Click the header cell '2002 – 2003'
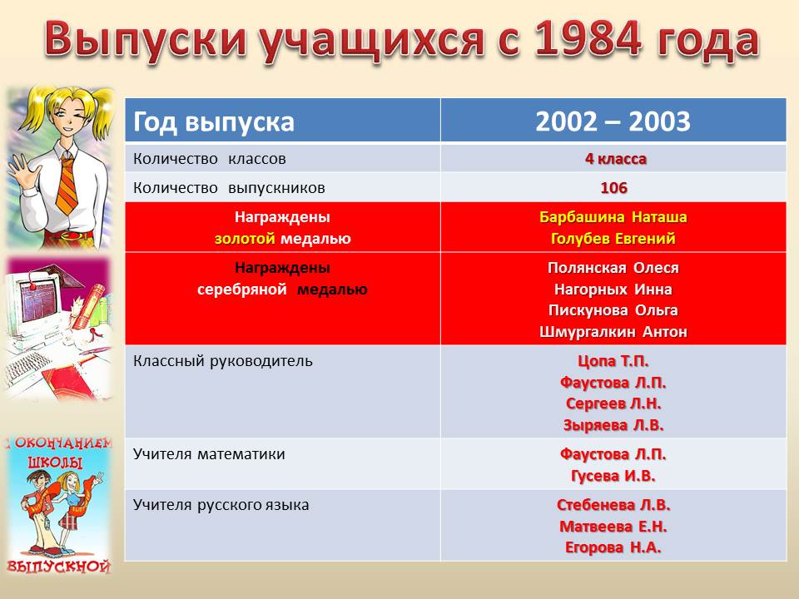[x=613, y=121]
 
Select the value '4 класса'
[x=616, y=159]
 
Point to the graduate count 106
[x=613, y=188]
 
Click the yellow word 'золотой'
[x=245, y=239]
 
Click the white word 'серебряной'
[x=242, y=290]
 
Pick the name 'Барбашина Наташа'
[x=613, y=217]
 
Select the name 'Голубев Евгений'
[x=613, y=239]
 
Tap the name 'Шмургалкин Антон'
[x=613, y=332]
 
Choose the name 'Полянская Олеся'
[x=613, y=268]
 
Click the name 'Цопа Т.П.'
[x=613, y=361]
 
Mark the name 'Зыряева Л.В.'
[x=613, y=425]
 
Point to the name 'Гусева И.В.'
[x=613, y=476]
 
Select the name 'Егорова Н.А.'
[x=613, y=547]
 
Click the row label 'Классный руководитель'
[x=223, y=361]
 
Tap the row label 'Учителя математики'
[x=209, y=454]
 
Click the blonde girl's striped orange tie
[x=67, y=185]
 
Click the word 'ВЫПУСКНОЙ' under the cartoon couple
[x=58, y=567]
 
